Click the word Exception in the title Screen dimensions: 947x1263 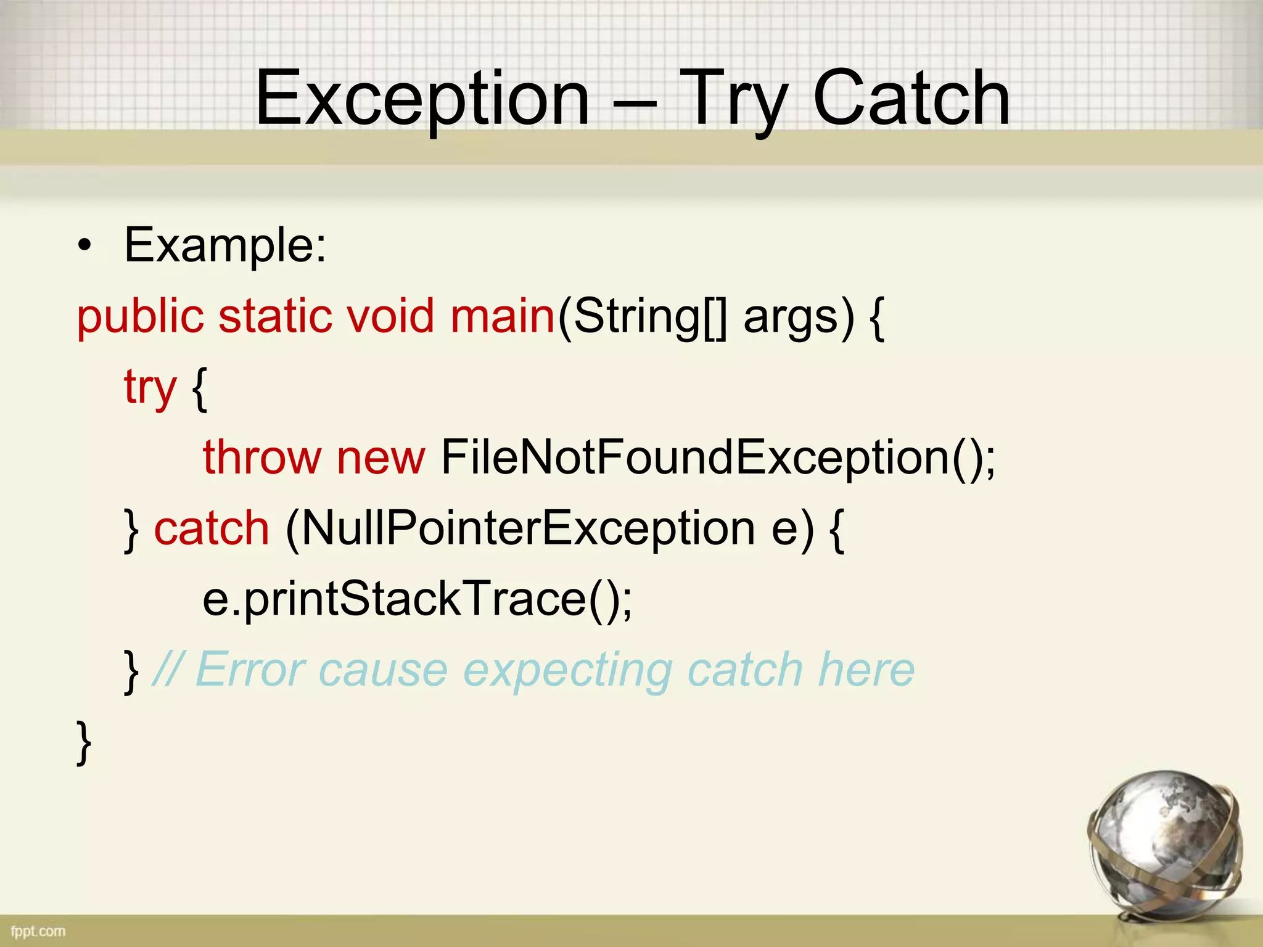pos(422,99)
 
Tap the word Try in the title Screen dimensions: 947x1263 pos(734,99)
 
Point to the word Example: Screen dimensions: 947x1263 pos(225,245)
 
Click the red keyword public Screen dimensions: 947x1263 pos(140,317)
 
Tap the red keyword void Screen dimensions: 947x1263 pos(390,317)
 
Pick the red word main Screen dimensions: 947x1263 pos(503,317)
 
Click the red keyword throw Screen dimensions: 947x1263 pos(262,457)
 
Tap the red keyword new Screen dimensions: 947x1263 pos(381,459)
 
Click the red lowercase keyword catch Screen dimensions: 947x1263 pos(212,529)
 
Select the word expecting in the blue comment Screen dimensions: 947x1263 pos(567,671)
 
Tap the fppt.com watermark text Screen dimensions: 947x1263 pos(38,931)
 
